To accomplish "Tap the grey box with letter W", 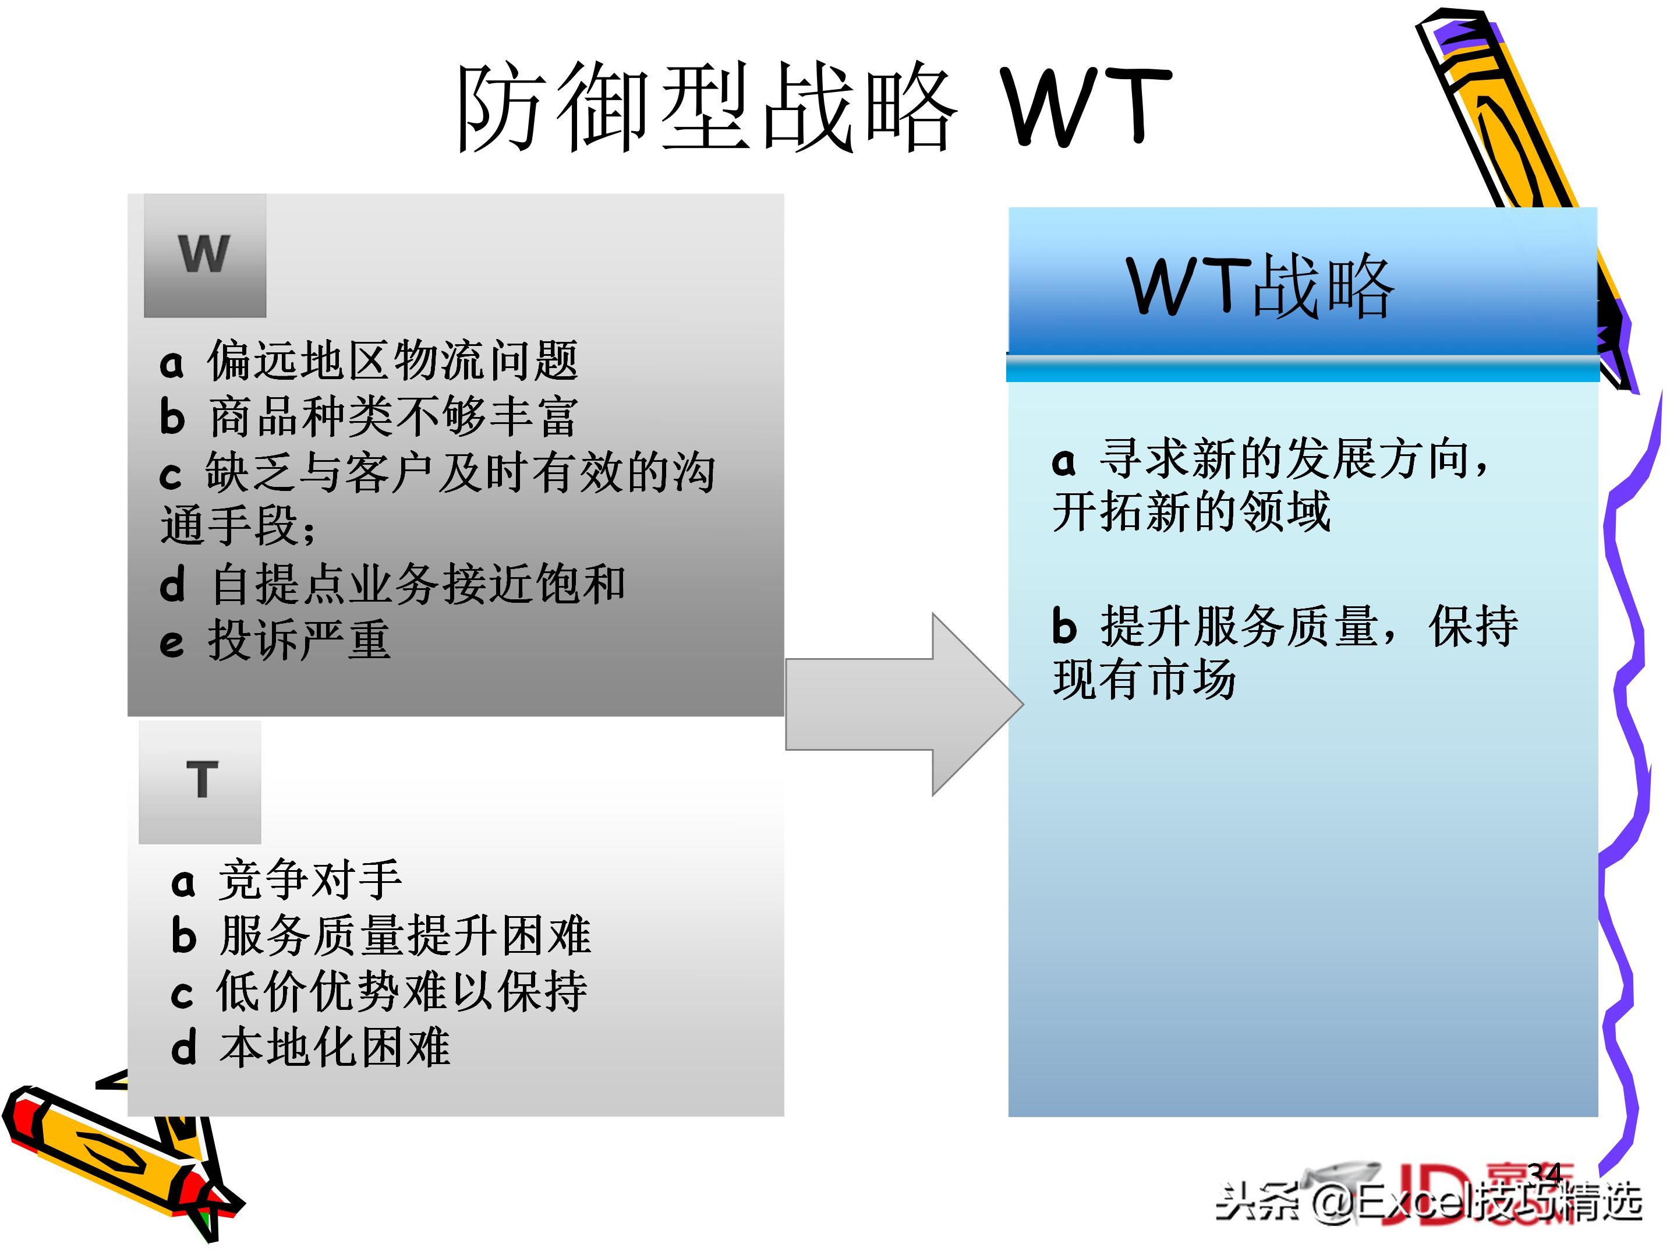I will [205, 255].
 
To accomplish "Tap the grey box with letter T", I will [200, 782].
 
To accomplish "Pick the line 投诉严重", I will [299, 641].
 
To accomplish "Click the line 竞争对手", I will [309, 881].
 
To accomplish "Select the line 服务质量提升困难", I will [404, 937].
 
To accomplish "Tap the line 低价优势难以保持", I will [402, 992].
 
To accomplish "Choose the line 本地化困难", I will [334, 1048].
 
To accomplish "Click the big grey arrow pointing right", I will [902, 705].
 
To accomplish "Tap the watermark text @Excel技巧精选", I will [1478, 1203].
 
